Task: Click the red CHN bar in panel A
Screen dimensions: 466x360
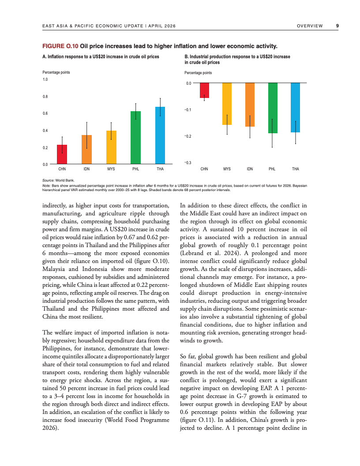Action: point(62,154)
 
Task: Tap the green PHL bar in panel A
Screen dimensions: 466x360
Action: point(136,138)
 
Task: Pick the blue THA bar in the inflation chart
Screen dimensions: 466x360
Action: point(160,135)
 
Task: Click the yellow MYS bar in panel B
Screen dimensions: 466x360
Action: point(227,104)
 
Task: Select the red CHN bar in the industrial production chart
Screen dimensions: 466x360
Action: point(204,90)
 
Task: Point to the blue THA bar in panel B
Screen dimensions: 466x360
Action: point(295,108)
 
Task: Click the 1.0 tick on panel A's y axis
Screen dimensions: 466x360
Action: point(45,79)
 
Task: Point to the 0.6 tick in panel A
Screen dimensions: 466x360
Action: point(45,113)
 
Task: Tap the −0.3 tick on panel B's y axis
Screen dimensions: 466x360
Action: point(187,163)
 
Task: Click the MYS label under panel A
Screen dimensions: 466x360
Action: point(111,169)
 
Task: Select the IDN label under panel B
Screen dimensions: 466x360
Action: point(250,169)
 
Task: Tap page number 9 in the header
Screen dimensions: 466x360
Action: point(337,26)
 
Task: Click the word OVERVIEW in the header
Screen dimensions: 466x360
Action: point(310,26)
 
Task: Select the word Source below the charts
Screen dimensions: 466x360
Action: point(48,180)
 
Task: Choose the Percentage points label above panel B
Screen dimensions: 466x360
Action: point(198,73)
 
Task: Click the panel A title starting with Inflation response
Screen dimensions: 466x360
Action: point(101,57)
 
